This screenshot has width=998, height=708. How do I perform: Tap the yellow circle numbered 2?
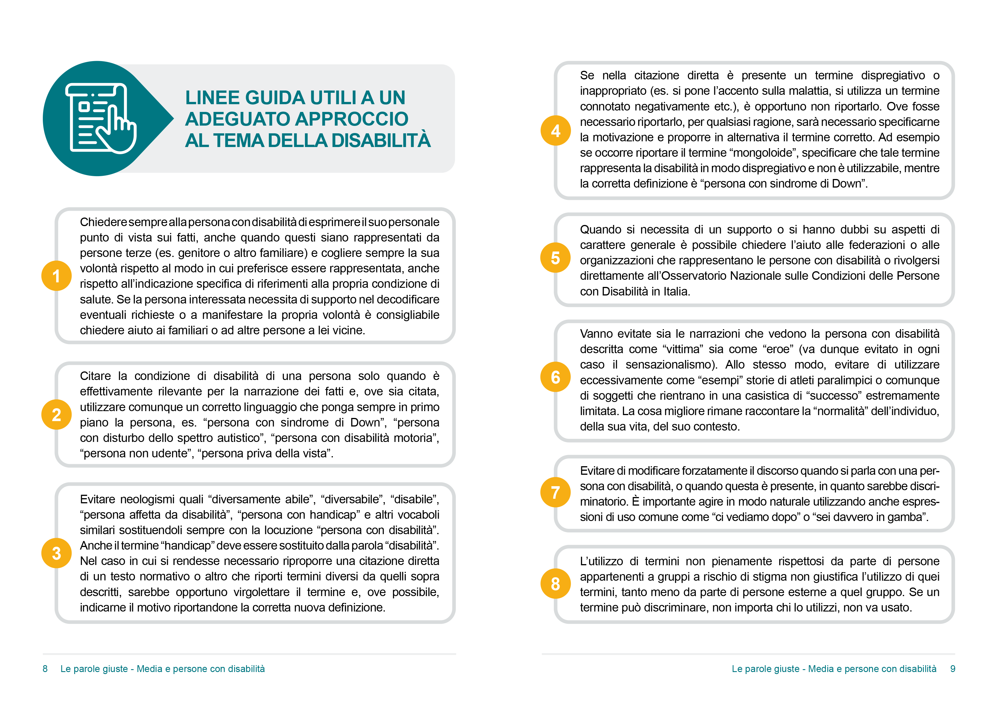click(x=56, y=414)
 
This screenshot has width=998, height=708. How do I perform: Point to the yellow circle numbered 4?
click(x=555, y=130)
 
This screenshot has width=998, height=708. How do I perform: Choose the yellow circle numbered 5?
click(x=555, y=258)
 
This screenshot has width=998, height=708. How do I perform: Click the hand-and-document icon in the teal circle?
click(x=101, y=118)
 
